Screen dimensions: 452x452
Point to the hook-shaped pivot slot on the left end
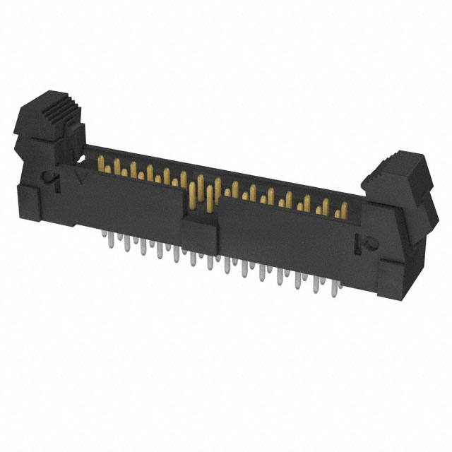49,179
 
